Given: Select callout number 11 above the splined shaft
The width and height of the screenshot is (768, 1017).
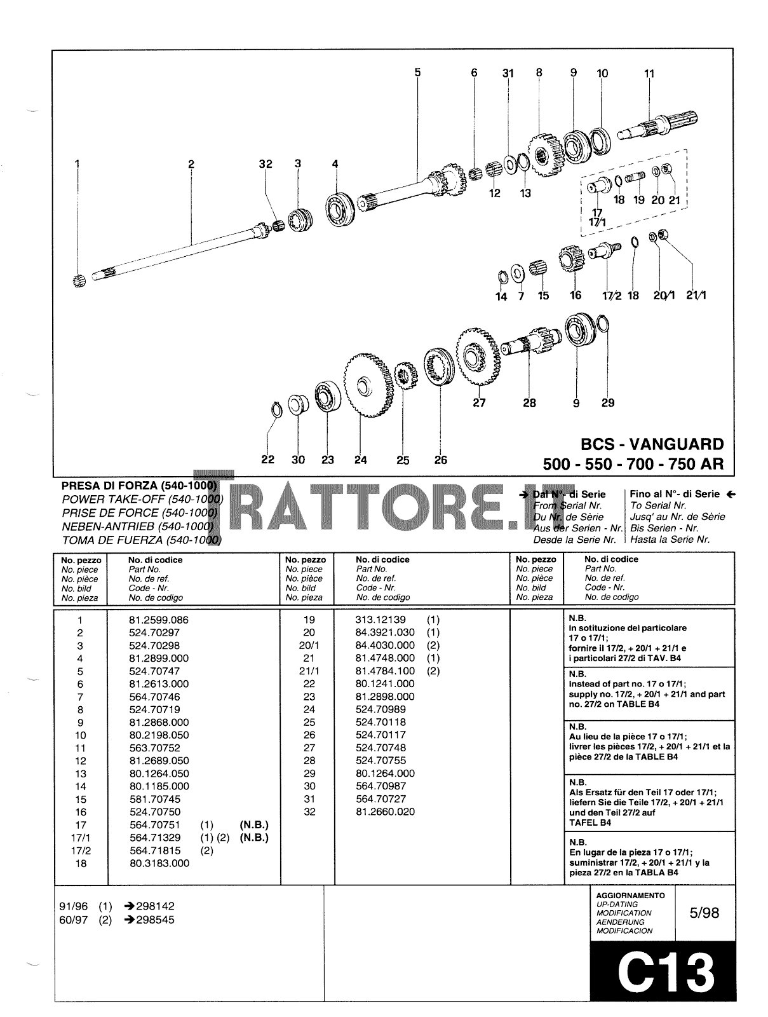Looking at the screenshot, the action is [x=649, y=74].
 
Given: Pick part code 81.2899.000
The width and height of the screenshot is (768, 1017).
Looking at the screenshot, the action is [x=158, y=659].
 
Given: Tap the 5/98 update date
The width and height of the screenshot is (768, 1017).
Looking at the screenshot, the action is [x=704, y=913].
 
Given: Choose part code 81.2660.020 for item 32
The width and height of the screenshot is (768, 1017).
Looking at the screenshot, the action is [x=385, y=812].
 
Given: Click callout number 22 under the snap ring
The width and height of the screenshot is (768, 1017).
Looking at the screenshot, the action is [x=267, y=460].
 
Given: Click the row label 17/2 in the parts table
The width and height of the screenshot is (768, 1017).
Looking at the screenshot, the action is [x=79, y=850].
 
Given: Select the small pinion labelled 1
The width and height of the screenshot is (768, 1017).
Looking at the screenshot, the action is [x=79, y=280].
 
